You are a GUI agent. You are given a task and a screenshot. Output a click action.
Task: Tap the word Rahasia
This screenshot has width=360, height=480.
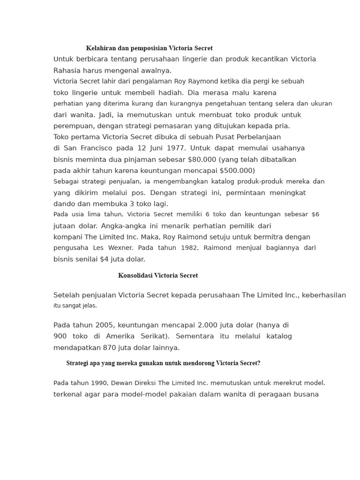tap(68, 70)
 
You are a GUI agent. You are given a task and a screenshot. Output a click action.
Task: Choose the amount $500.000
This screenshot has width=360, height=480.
tap(237, 171)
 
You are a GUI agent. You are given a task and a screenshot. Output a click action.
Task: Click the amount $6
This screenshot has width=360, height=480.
tap(315, 214)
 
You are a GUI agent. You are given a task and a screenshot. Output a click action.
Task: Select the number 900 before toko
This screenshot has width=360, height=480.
tap(60, 336)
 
